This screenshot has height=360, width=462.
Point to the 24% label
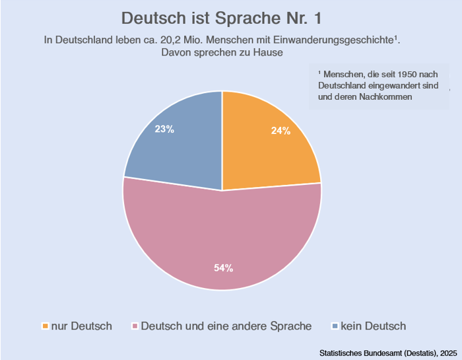(x=280, y=131)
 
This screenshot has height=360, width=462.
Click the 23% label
(x=164, y=129)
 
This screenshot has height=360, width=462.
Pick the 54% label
(x=223, y=268)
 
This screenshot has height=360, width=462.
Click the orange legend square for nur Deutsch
(x=45, y=326)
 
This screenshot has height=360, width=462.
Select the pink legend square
(x=135, y=326)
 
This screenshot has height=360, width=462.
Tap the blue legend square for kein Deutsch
(x=335, y=326)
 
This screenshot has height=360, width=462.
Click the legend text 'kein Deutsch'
(x=373, y=326)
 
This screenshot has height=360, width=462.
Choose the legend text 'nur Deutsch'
(x=81, y=326)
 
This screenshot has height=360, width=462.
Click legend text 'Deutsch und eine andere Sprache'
(x=226, y=326)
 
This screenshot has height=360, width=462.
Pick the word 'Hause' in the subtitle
(x=269, y=52)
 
